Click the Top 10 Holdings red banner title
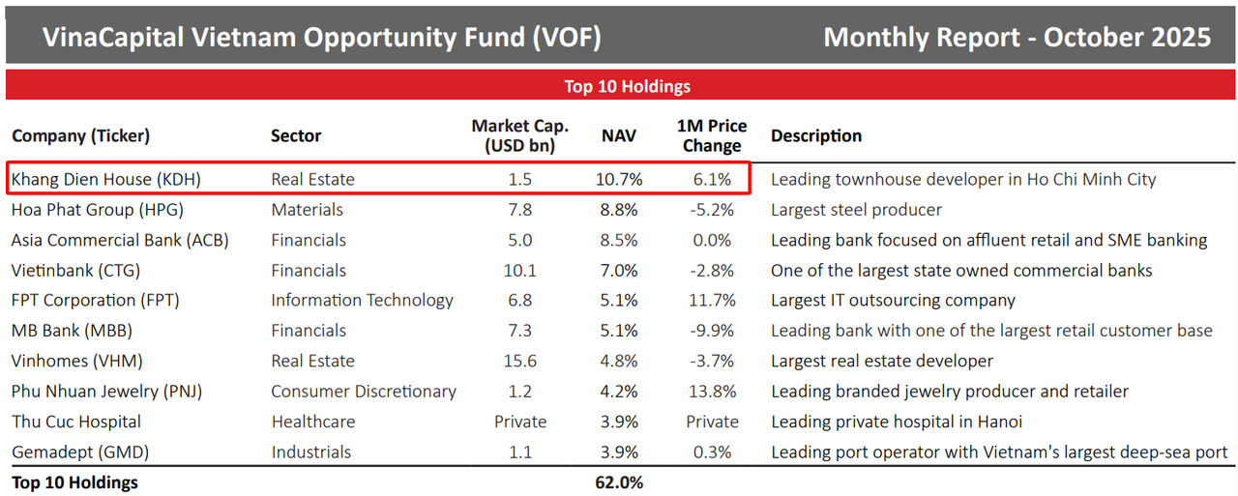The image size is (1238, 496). coord(627,86)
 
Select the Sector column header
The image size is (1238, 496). coord(295,136)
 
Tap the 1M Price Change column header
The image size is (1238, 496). coord(712,136)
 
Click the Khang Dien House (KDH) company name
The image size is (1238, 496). coord(106,179)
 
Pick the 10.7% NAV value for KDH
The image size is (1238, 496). coord(619,179)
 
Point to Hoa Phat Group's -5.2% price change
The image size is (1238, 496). coord(712,210)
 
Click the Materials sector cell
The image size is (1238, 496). coord(307,210)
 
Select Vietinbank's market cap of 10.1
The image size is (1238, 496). coord(520,271)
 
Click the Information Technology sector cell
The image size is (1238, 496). coord(362,301)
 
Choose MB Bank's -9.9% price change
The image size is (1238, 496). coord(712,331)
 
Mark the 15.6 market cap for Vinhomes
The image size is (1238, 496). coord(520,361)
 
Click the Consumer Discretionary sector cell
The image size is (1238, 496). coord(363,392)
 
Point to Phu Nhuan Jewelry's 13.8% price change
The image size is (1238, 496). coord(712,392)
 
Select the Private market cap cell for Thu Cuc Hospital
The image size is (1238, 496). coord(520,422)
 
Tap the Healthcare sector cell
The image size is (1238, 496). coord(312,422)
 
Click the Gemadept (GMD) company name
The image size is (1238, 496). coord(81,452)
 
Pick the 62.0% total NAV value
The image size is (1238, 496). coord(619,482)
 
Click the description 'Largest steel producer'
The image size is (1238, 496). coord(856,210)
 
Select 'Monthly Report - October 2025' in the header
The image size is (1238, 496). coord(1017,37)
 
